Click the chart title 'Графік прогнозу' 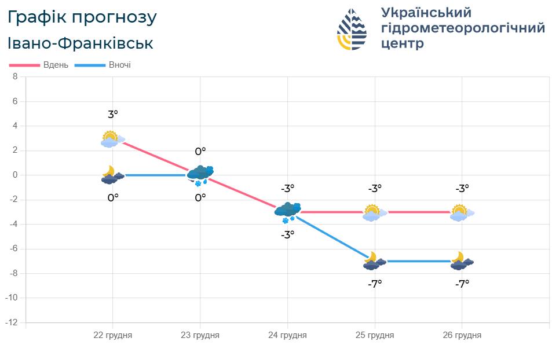pos(82,18)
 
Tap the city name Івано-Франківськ pos(81,43)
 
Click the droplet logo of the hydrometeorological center pos(352,29)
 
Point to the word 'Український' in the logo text pos(426,12)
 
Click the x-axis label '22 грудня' pos(113,335)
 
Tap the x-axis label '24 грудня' pos(287,335)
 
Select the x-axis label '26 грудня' pos(462,335)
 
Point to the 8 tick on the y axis pos(15,76)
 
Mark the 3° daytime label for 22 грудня pos(113,115)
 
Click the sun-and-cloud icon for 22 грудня pos(110,139)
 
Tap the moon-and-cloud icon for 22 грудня pos(112,175)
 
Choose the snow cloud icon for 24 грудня pos(287,211)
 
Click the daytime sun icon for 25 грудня pos(372,212)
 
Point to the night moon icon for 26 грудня pos(461,261)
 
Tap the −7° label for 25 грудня pos(375,284)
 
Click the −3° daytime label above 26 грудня pos(462,188)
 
